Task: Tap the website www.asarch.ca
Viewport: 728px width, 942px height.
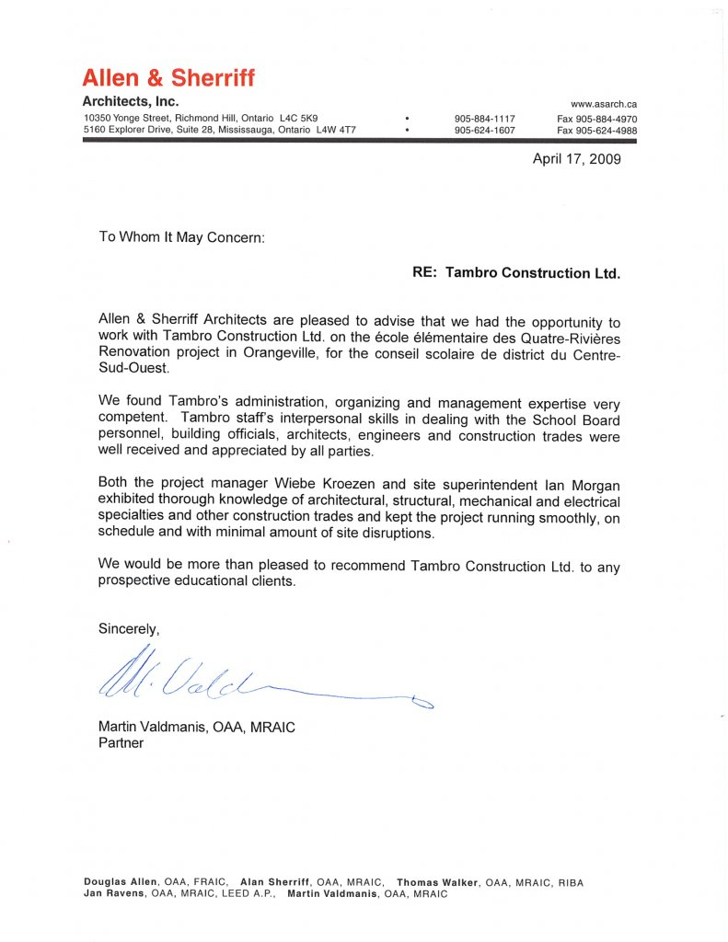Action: pyautogui.click(x=604, y=104)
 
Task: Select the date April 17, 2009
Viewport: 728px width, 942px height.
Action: pyautogui.click(x=577, y=159)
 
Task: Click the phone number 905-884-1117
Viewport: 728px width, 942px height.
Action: pyautogui.click(x=485, y=119)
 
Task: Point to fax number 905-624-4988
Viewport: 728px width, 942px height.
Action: pyautogui.click(x=597, y=131)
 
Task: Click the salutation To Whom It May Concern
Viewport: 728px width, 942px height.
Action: pyautogui.click(x=181, y=236)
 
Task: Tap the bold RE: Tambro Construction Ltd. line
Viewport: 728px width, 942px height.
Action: pyautogui.click(x=516, y=273)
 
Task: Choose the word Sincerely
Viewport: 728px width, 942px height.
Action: pyautogui.click(x=129, y=629)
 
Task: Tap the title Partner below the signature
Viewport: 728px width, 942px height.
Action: pyautogui.click(x=121, y=742)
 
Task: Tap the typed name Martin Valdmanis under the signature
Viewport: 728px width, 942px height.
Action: pyautogui.click(x=154, y=727)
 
